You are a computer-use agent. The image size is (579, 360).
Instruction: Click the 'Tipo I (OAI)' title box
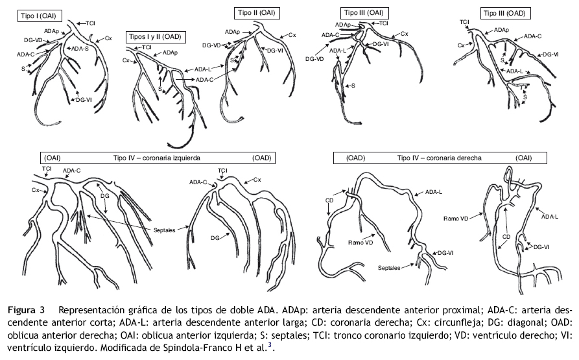pos(40,13)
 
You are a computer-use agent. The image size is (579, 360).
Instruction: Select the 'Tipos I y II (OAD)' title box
pos(156,36)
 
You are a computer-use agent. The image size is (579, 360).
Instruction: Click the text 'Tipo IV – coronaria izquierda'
pos(156,158)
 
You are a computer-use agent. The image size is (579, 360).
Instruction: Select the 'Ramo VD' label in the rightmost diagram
pos(455,218)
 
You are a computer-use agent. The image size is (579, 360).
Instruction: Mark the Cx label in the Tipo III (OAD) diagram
pos(462,45)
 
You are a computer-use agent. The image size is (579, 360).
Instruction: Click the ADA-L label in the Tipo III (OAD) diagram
pos(515,71)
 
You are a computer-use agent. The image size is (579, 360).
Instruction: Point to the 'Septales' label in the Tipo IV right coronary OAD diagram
pos(393,266)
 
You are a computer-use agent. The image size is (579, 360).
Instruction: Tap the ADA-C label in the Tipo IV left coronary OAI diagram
pos(72,171)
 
